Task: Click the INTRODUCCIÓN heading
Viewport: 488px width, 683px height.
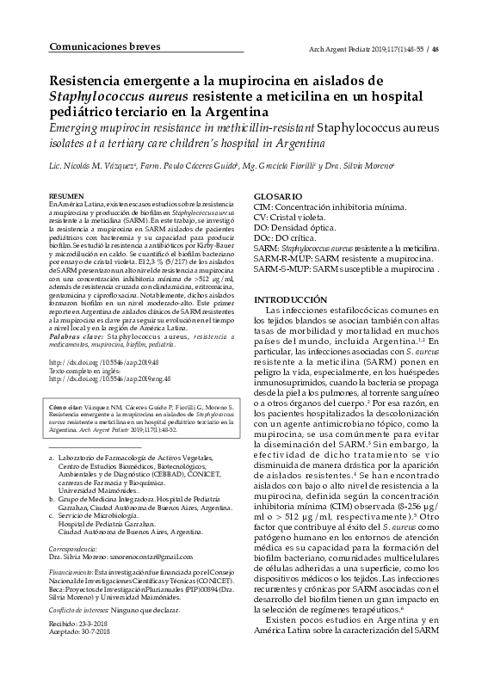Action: pyautogui.click(x=287, y=299)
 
